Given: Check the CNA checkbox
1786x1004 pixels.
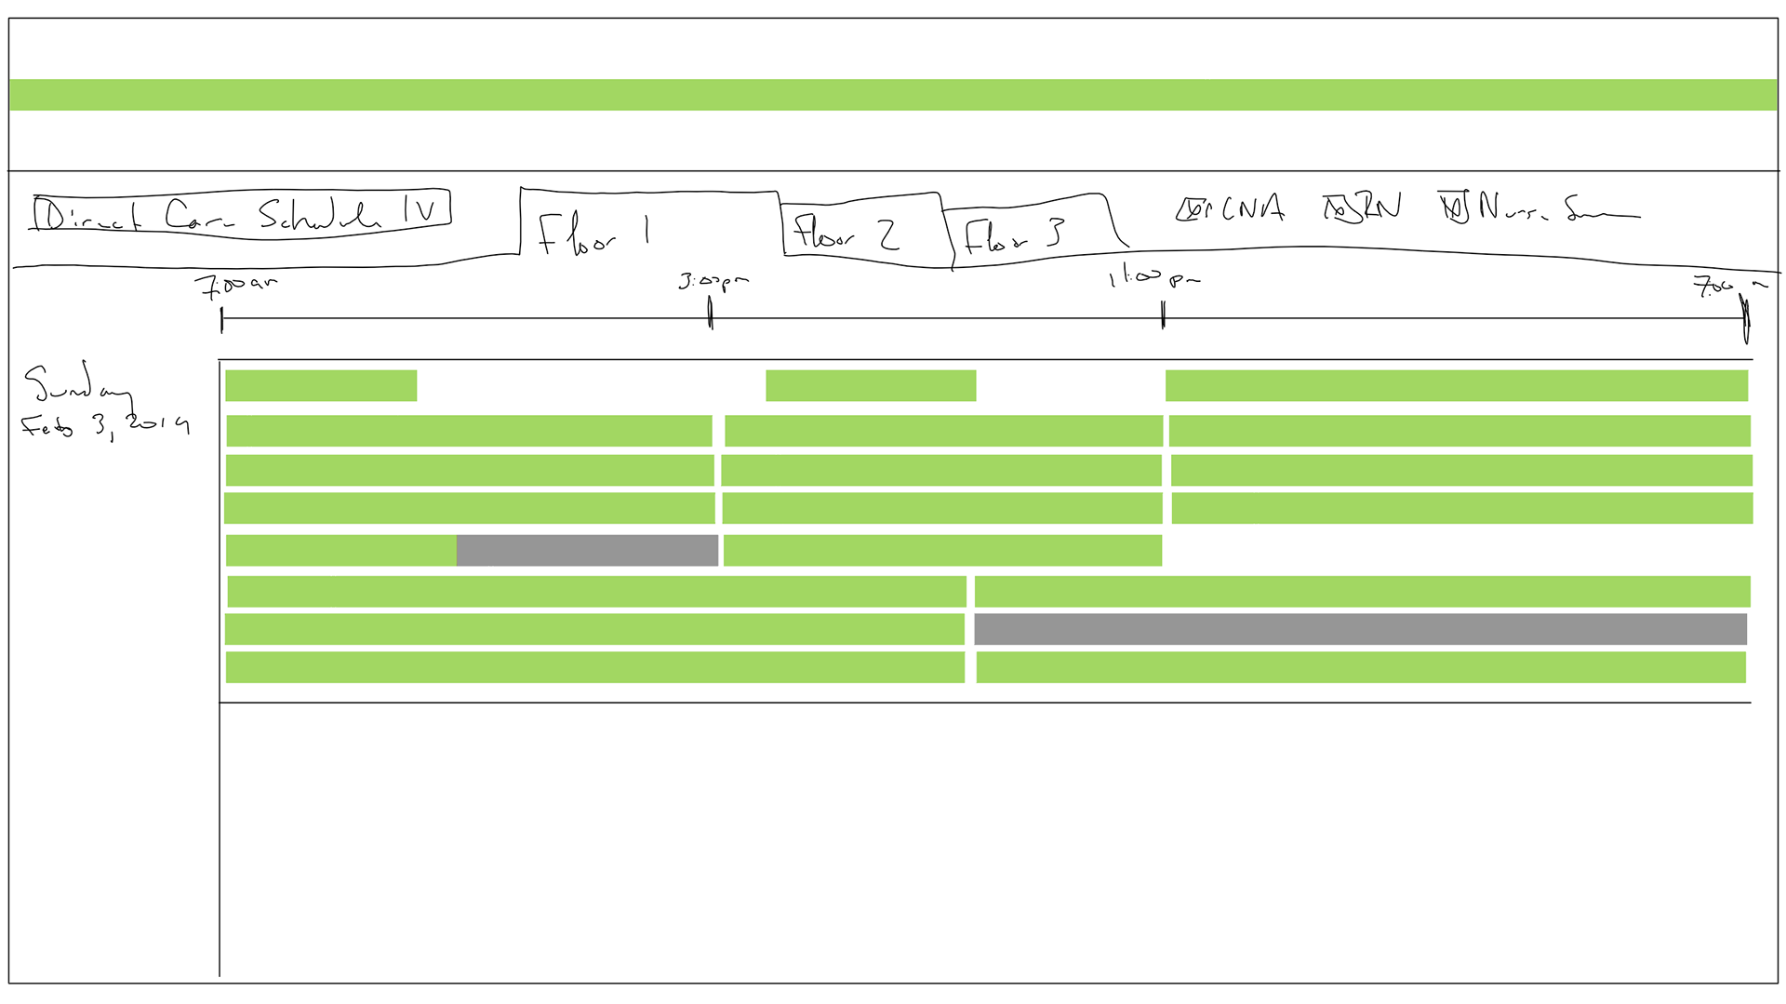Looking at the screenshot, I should [1189, 210].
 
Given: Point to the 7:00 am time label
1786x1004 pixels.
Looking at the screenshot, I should [236, 284].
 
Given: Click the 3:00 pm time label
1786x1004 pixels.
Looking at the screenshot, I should [713, 280].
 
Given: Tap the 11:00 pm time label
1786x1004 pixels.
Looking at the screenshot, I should [1153, 277].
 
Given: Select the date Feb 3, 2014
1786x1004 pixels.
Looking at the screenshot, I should [104, 425].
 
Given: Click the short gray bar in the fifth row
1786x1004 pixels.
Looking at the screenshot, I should [587, 550].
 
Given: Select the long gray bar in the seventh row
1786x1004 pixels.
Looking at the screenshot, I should [1360, 629].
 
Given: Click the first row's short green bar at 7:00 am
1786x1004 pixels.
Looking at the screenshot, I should [321, 385].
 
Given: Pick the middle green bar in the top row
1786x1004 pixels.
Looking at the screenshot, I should [871, 385].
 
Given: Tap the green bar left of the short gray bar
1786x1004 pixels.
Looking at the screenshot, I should [340, 550].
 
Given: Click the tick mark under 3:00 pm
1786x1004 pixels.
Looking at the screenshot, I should [711, 314].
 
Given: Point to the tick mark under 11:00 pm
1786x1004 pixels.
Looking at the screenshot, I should [1163, 315].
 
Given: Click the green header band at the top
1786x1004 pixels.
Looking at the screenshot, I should [893, 95].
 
